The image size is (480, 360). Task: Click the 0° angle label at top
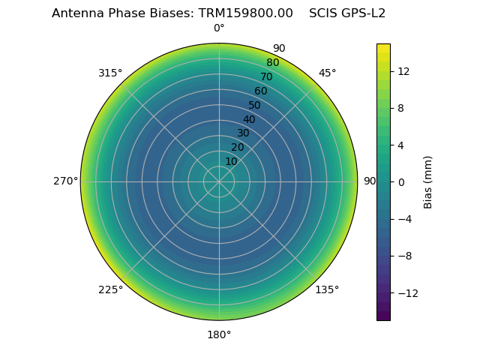coord(219,28)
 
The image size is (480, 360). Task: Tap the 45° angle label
coord(327,73)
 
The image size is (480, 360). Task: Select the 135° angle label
coord(327,289)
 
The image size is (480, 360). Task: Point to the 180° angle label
coord(219,334)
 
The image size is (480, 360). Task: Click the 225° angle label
coord(110,289)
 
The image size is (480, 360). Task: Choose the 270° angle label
coord(65,181)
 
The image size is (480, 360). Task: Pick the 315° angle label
coord(110,73)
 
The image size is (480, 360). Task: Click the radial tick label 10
coord(231,161)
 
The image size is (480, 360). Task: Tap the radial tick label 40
coord(249,119)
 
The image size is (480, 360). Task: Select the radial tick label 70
coord(266,76)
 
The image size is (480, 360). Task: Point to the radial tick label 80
coord(272,62)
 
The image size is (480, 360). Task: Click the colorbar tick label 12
coord(403,71)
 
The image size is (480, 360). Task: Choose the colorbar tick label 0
coord(400,182)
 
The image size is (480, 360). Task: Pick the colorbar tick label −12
coord(406,293)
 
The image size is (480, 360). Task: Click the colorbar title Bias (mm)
coord(428,182)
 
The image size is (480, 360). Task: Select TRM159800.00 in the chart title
coord(245,13)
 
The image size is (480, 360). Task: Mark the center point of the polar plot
coord(219,181)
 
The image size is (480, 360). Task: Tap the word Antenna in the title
coord(76,13)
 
